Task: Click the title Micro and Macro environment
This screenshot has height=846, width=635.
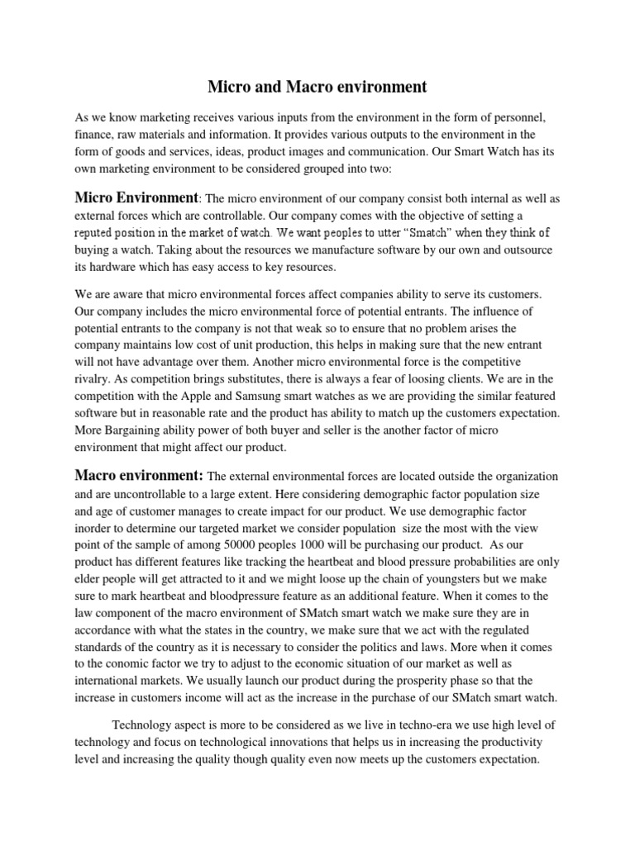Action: pos(317,86)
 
